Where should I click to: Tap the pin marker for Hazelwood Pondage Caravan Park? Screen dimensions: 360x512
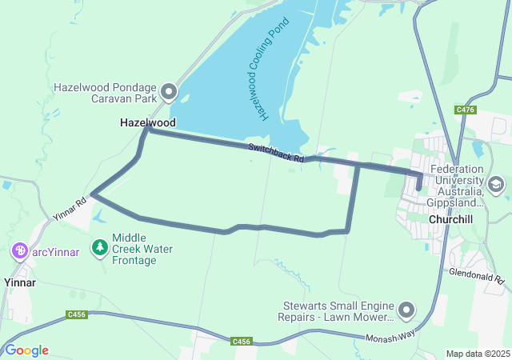point(169,93)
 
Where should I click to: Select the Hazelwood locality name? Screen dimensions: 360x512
point(147,123)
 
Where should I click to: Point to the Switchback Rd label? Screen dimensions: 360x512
point(277,153)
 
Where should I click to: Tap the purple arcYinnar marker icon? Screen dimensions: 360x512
point(20,252)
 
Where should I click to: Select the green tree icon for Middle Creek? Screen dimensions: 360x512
point(100,248)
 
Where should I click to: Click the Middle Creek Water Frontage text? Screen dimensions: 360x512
point(142,249)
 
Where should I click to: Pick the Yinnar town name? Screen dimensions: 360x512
point(20,282)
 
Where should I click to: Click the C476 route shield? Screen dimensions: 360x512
point(466,110)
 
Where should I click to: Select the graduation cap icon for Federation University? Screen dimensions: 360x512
point(496,186)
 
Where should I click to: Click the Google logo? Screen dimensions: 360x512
point(26,350)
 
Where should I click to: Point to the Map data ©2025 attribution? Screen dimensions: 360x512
point(477,354)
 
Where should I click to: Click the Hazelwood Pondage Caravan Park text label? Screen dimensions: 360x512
point(104,93)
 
